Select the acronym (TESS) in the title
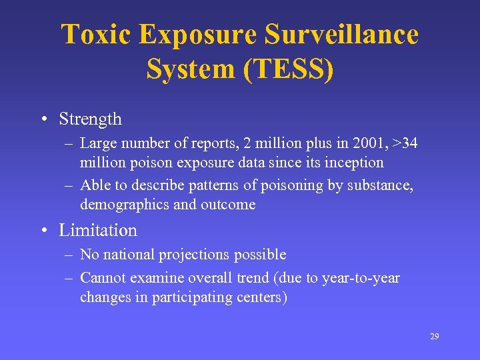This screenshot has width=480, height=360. pos(288,69)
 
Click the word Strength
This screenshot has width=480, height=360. pos(91,119)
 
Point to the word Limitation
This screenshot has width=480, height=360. pos(98,230)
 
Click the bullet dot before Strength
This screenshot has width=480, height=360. pos(43,120)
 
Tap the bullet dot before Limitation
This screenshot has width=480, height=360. pos(43,231)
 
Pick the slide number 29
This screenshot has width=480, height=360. pos(434,337)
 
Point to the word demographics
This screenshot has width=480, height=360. pos(125,205)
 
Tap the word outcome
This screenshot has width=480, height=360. pos(229,205)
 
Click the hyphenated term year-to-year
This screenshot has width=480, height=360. pos(361,277)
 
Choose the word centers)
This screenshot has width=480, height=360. pos(263,297)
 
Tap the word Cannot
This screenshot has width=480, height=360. pos(103,277)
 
